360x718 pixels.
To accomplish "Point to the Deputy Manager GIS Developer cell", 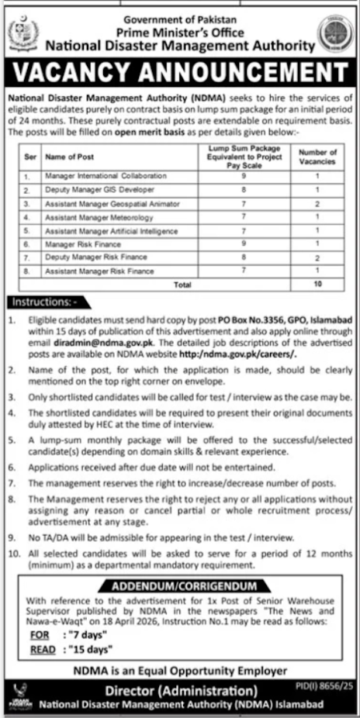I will (90, 190).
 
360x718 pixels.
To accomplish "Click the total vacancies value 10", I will (317, 285).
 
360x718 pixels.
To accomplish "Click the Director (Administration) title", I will (180, 689).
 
